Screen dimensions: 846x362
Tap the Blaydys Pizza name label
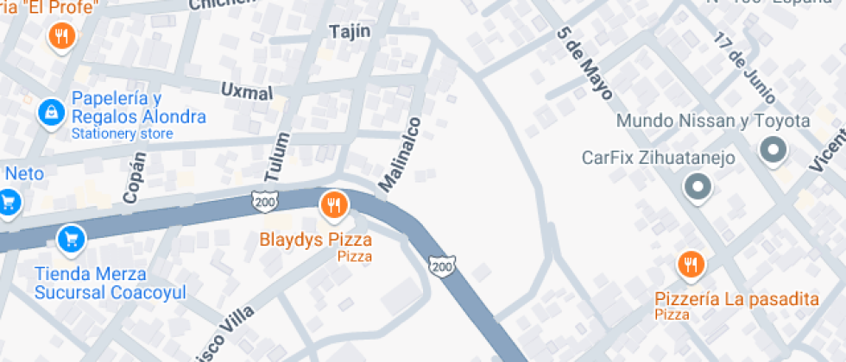click(x=315, y=240)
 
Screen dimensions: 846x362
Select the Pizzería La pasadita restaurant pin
click(x=690, y=265)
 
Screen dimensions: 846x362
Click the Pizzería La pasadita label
click(x=736, y=299)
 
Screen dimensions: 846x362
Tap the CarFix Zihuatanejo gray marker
click(x=696, y=186)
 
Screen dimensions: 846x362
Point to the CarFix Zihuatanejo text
click(x=658, y=158)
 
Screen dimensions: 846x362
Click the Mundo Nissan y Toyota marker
click(x=773, y=152)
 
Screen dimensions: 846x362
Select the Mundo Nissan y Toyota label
click(x=713, y=121)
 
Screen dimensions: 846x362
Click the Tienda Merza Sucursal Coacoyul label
click(x=110, y=283)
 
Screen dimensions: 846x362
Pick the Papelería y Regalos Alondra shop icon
click(x=52, y=111)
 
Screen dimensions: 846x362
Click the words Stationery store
click(x=122, y=134)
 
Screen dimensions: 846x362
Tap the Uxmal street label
click(x=247, y=90)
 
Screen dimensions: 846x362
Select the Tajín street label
click(x=350, y=32)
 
